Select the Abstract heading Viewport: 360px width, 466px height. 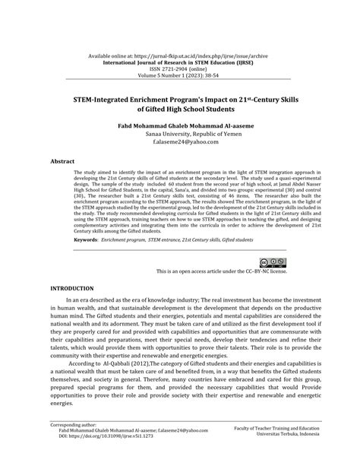point(62,162)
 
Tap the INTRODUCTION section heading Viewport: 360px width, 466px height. point(71,289)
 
